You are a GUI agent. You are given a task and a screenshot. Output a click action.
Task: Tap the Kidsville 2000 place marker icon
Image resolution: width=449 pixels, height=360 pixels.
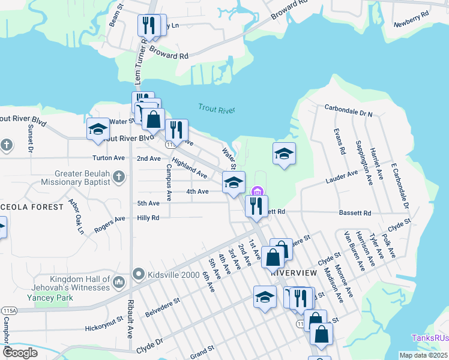[137, 274]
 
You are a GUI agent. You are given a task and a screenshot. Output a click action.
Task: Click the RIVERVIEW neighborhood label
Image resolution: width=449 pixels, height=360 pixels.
[293, 272]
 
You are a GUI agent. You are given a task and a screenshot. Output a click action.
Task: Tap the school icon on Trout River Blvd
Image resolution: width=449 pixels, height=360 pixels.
[98, 129]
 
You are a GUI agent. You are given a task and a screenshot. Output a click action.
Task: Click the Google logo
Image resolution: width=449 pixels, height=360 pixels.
[20, 353]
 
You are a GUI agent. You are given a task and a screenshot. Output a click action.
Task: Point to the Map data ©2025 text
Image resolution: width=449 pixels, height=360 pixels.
[423, 355]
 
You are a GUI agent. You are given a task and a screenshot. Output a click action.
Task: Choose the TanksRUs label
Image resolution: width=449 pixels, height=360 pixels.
[429, 338]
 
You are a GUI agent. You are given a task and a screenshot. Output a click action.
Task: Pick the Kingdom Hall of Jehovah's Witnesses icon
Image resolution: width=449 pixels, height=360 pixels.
[119, 280]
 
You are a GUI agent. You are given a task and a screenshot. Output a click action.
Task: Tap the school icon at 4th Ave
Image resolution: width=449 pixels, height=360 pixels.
[234, 182]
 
